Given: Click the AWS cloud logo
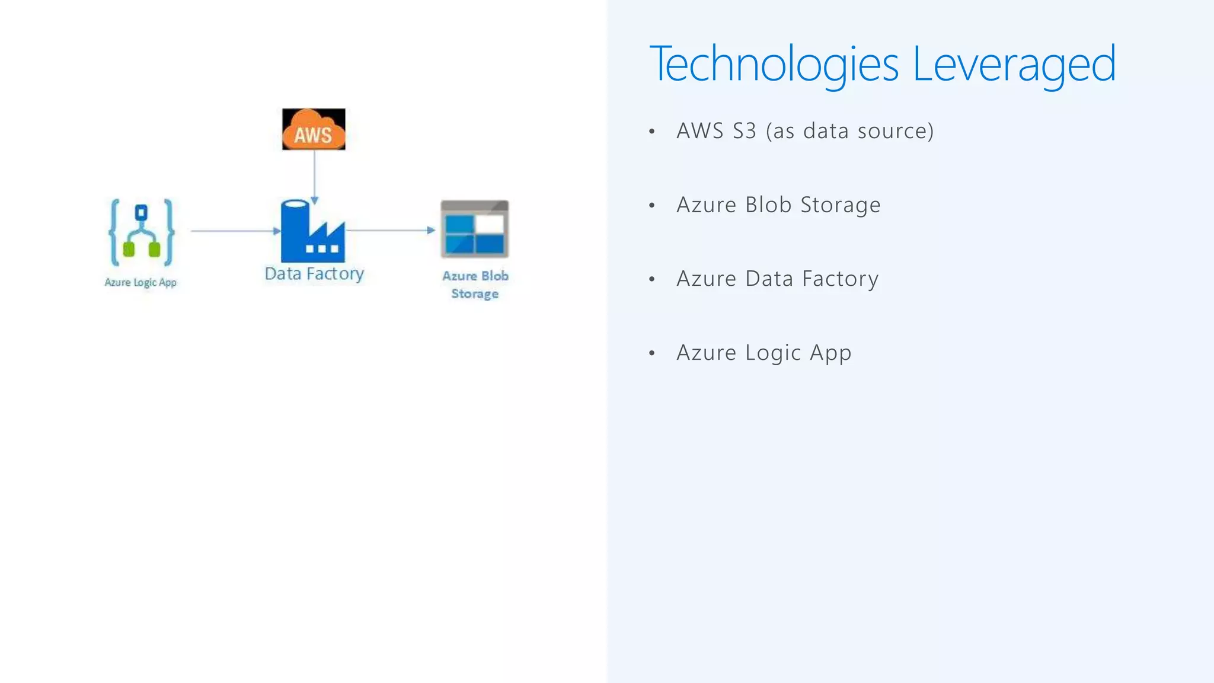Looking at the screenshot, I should (314, 129).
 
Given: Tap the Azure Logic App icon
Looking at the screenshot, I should (142, 232).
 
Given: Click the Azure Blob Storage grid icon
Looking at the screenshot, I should (474, 229).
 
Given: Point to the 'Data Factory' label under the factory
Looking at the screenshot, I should (314, 274).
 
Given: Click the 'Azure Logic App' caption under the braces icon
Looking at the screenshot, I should (140, 282).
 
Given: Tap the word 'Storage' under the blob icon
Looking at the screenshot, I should (475, 293).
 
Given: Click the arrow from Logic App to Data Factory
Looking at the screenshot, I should (235, 231).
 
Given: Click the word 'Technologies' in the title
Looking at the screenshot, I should (774, 63).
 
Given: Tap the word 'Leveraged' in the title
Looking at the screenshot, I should (1014, 63).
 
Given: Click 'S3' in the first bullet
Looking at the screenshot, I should (745, 131).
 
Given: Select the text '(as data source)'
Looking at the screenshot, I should (849, 131).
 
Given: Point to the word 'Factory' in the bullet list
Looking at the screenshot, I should (840, 279).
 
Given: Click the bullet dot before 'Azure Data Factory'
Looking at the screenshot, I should (652, 279).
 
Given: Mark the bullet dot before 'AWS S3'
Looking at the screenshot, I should (652, 132).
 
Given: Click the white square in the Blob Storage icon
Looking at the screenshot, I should (490, 224).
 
